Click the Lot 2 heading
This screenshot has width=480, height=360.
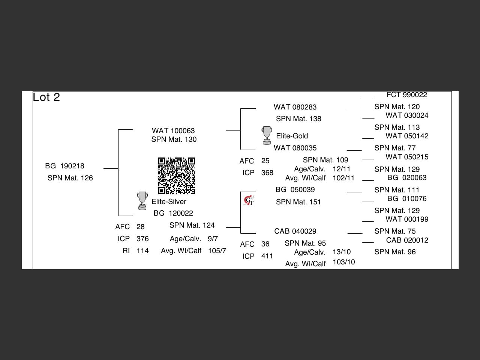pos(46,97)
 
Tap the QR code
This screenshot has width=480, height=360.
pos(177,176)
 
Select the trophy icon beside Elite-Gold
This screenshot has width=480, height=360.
pos(267,135)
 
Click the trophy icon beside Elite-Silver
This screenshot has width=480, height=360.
pos(142,201)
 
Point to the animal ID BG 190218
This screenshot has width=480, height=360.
pos(64,166)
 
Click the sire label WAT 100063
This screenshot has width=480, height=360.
pos(173,131)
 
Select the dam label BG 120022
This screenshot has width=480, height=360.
pos(173,213)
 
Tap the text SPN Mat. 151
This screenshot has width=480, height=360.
pos(298,202)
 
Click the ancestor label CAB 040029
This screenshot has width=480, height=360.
pos(295,231)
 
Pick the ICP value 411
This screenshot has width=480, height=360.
pos(267,256)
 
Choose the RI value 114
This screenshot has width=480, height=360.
pos(142,251)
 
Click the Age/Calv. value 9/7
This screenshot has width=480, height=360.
pos(213,239)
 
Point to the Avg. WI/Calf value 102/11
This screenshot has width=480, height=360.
pos(343,178)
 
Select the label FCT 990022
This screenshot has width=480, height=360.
pos(407,95)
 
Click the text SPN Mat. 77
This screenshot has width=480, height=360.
pos(395,148)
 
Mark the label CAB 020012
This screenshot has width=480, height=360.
pos(407,240)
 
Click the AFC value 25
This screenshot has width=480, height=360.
pos(265,161)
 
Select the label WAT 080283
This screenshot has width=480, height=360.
pos(295,107)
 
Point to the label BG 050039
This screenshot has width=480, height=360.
pos(295,190)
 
